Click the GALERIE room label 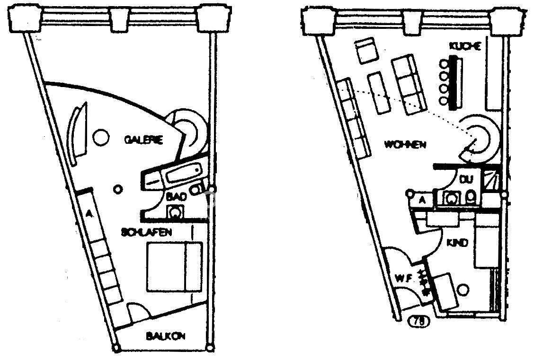coord(144,140)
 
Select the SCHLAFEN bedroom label coord(146,232)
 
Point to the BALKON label coord(165,336)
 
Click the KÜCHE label coord(465,46)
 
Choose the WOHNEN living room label coord(405,144)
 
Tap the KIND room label coord(457,243)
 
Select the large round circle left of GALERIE coord(100,138)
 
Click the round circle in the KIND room coord(464,288)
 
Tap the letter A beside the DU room coord(423,201)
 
